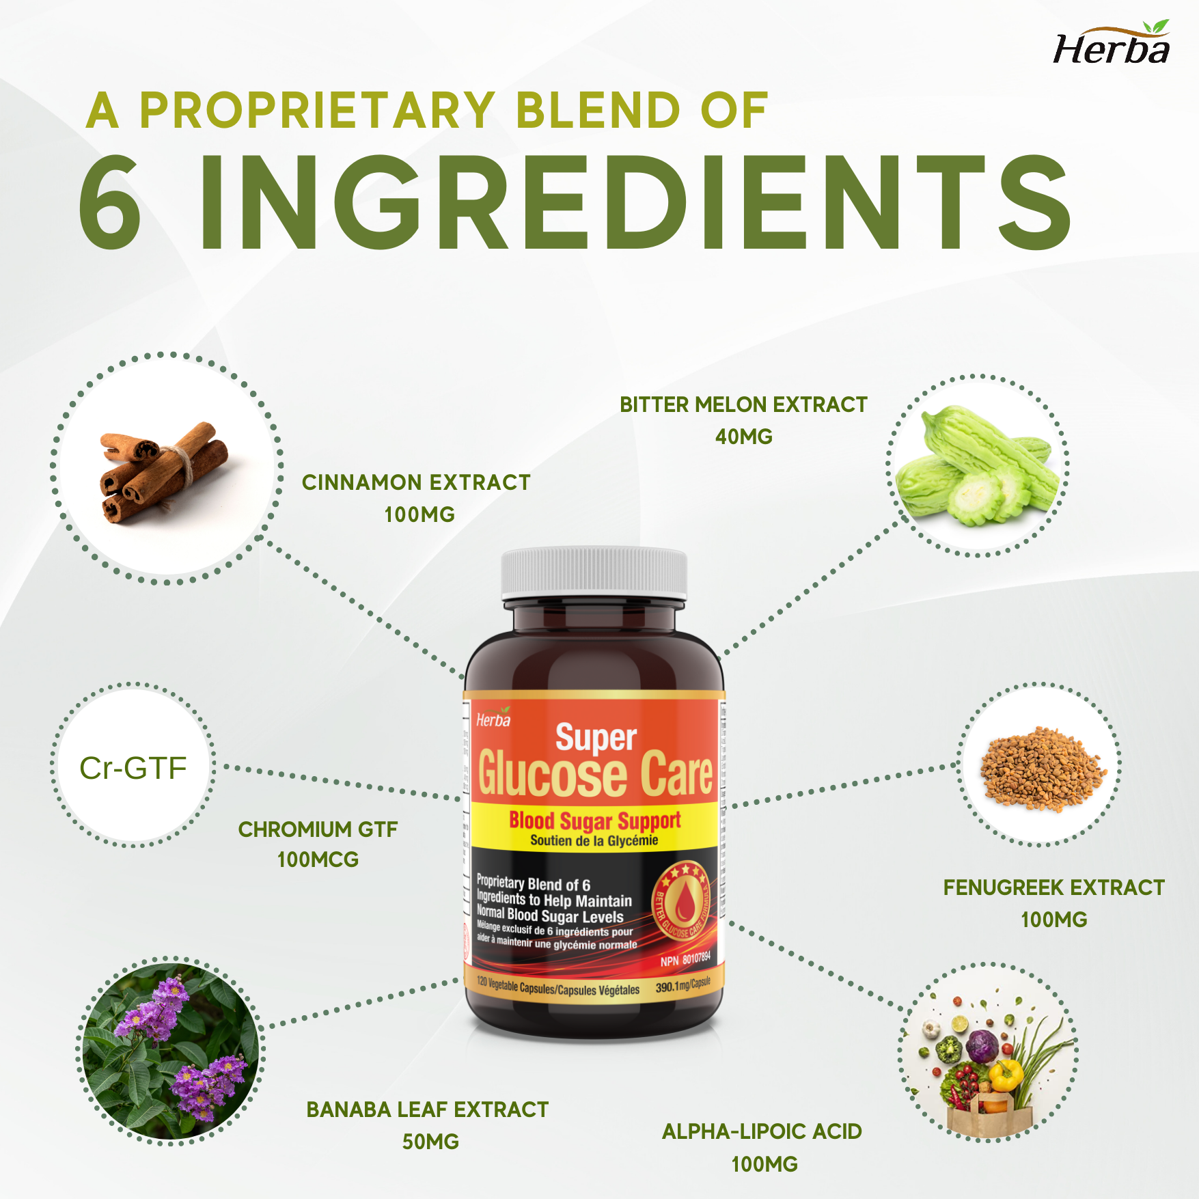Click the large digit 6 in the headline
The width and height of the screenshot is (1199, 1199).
pos(111,202)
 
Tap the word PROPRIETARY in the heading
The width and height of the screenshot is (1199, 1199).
pos(317,110)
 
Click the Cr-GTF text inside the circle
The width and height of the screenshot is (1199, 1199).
pos(133,768)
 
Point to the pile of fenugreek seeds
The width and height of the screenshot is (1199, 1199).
pos(1040,769)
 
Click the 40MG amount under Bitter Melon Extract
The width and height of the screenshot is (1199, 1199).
pos(743,437)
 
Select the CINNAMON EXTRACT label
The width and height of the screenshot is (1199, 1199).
pos(416,482)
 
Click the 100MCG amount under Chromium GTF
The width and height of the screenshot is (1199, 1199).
pos(318,859)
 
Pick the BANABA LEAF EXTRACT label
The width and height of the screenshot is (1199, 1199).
pos(427,1110)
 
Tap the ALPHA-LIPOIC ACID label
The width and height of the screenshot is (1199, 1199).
pos(762,1131)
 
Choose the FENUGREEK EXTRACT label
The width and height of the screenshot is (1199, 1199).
pos(1053,887)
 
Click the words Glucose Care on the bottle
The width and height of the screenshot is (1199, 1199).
pos(595,774)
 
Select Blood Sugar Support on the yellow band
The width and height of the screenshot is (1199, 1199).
pos(594,820)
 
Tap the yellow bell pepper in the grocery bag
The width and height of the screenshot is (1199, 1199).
pos(1006,1075)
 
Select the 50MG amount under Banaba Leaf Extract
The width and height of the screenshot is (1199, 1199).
pos(430,1142)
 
